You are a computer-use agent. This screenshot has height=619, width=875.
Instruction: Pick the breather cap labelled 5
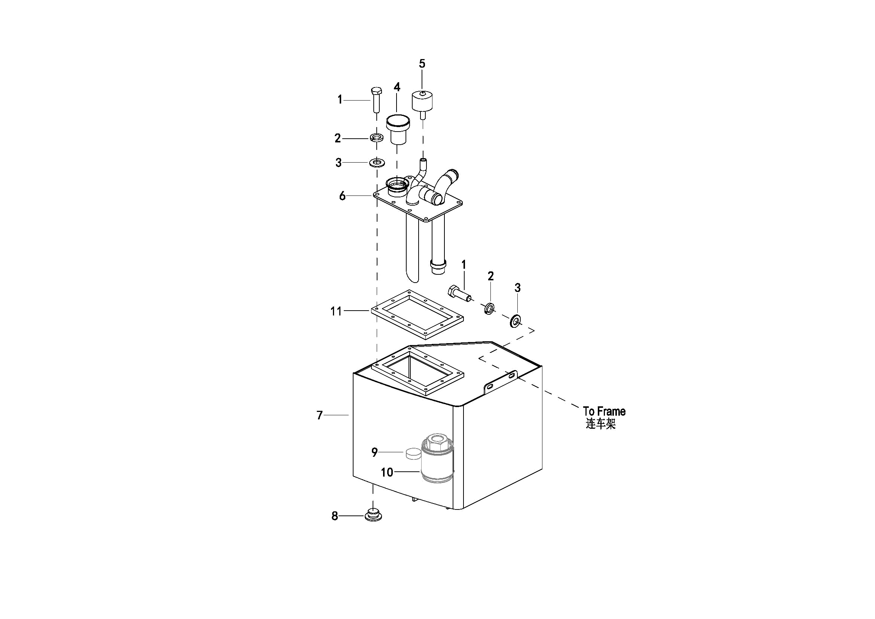[x=422, y=101]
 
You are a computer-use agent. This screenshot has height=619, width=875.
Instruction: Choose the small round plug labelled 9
[x=412, y=453]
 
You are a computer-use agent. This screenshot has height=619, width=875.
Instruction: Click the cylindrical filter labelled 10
[x=438, y=462]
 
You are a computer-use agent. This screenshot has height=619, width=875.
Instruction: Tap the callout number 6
[x=342, y=196]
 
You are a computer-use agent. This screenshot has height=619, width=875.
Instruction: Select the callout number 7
[x=319, y=415]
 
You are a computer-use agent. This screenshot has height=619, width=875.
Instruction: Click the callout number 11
[x=336, y=311]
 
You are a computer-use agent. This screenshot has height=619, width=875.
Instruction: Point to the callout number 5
[x=422, y=64]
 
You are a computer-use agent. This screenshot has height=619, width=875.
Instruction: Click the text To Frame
[x=604, y=412]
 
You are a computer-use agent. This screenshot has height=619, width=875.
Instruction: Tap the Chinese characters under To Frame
[x=601, y=424]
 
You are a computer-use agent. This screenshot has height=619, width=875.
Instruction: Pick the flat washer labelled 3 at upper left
[x=377, y=163]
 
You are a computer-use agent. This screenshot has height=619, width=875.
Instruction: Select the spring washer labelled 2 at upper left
[x=377, y=137]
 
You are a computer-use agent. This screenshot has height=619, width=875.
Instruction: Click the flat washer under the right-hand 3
[x=516, y=321]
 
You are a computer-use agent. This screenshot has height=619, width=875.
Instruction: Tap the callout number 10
[x=387, y=472]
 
